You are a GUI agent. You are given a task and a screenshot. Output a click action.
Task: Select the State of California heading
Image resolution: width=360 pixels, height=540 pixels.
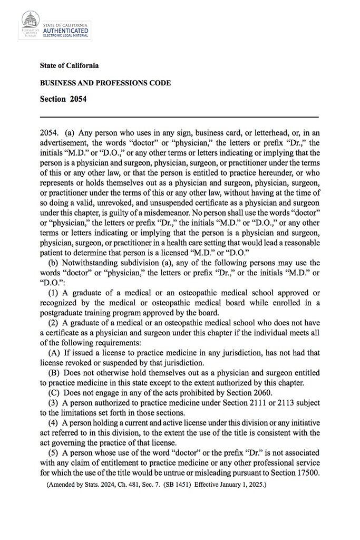[x=69, y=66]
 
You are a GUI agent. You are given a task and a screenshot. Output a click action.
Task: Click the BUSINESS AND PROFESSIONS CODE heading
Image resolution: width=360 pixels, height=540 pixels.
[x=105, y=83]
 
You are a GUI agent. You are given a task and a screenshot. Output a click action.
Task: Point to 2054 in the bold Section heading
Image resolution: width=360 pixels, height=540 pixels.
[x=78, y=99]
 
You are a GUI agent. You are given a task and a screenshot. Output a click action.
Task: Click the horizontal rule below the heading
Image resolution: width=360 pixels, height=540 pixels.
[x=179, y=116]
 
